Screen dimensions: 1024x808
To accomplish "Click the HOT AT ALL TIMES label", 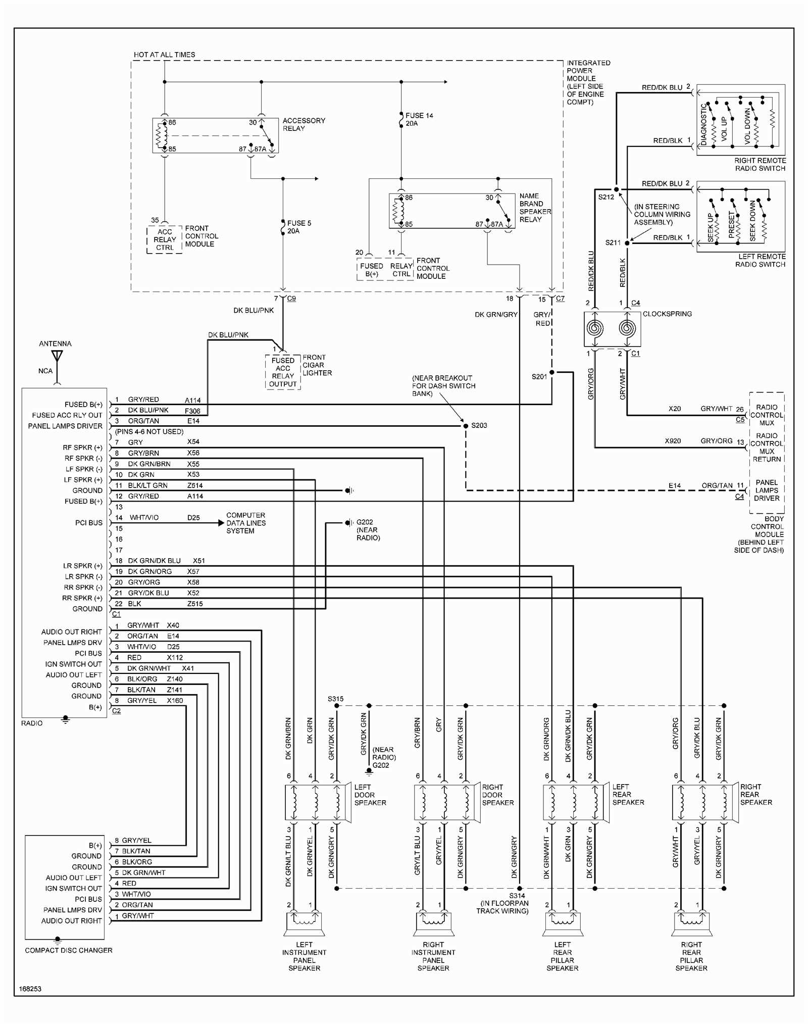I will (x=164, y=55).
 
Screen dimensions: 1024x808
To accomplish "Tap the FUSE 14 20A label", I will (x=419, y=119).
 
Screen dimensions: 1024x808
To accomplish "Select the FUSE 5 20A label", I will (x=299, y=227).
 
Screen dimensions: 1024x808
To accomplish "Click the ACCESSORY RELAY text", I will (x=304, y=124).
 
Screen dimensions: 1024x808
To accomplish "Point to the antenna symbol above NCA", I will (x=57, y=357).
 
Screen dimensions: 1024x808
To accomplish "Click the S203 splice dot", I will (x=466, y=426).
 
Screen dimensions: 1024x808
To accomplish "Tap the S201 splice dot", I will (x=551, y=372).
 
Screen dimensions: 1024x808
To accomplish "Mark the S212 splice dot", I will (x=616, y=189).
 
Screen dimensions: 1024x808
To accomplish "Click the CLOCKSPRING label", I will (x=667, y=314).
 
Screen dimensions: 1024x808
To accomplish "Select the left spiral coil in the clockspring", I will (x=595, y=328).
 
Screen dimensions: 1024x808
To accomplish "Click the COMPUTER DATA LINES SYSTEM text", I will (x=245, y=523).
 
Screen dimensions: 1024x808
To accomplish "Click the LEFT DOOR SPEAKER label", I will (x=370, y=795).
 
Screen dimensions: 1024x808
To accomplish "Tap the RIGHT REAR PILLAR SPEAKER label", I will (x=691, y=956).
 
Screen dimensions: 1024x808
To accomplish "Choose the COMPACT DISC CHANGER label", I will (x=69, y=950).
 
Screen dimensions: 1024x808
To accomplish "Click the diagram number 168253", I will (x=30, y=989).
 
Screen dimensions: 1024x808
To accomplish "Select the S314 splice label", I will (x=517, y=896).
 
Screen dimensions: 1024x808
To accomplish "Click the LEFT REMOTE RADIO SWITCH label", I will (x=760, y=260).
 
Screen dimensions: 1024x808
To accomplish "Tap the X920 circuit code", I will (x=672, y=441).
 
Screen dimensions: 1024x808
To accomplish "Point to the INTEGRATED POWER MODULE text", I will (x=588, y=82).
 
